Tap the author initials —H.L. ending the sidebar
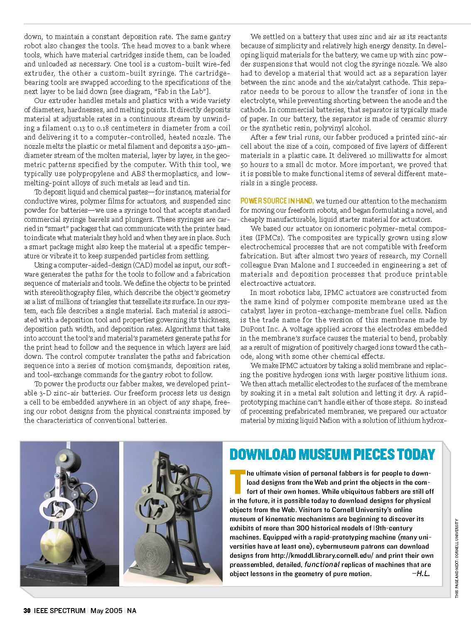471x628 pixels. (421, 574)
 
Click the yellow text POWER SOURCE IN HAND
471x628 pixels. (277, 201)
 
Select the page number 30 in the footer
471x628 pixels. (27, 611)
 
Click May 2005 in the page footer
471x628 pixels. (106, 611)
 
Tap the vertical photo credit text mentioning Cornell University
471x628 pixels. (456, 558)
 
